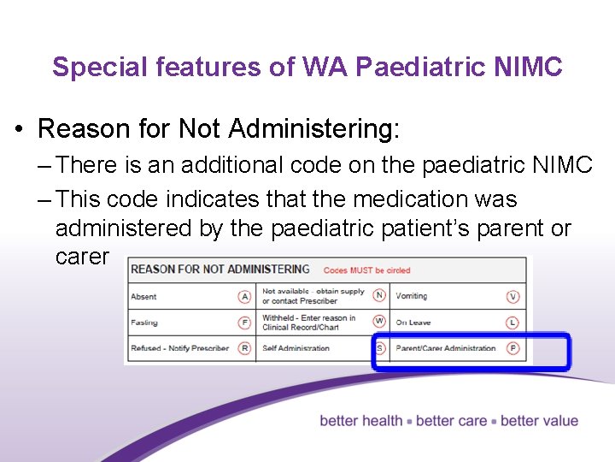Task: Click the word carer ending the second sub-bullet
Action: pos(82,257)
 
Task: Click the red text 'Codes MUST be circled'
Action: pos(366,270)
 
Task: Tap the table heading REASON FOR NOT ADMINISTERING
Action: pos(220,269)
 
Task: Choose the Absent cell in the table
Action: pos(143,297)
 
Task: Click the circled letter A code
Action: pos(245,297)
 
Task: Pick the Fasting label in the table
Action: pos(144,323)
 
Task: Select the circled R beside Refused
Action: pos(245,348)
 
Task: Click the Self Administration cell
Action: pos(296,348)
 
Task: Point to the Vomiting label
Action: pos(411,296)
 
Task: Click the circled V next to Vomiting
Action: pos(513,297)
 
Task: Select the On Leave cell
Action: pos(413,323)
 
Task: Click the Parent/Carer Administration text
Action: pos(445,348)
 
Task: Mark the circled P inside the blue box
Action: pos(513,348)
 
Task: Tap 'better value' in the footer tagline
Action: pos(539,421)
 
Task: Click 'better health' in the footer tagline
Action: pos(361,421)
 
